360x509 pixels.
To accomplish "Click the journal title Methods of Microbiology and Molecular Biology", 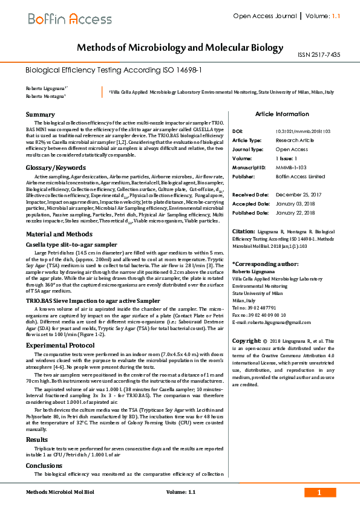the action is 180,47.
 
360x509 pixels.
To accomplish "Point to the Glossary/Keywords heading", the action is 56,167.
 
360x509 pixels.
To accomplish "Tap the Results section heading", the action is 36,439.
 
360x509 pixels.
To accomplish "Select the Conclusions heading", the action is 44,465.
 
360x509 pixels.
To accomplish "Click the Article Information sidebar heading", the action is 282,114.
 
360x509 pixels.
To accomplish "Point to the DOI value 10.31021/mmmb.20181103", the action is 299,131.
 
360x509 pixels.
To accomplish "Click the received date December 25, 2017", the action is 298,195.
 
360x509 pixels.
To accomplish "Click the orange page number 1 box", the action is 318,493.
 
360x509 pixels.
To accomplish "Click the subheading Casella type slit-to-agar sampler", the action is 71,244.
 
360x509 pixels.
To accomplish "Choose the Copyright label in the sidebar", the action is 246,341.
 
